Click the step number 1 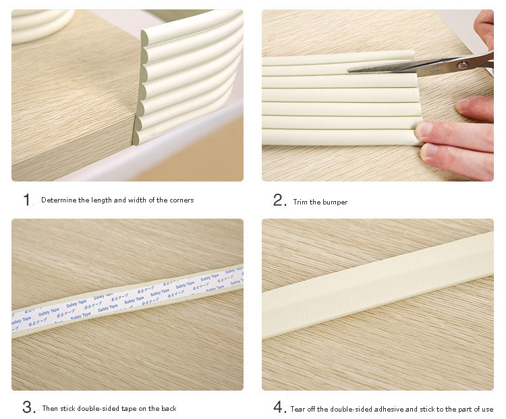tap(27, 200)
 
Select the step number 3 tap(28, 408)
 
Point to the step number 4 tap(279, 408)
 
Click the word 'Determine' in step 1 tap(57, 200)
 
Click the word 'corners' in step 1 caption tap(181, 200)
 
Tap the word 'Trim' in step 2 tap(300, 202)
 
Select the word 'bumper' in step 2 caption tap(335, 202)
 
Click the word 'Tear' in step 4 tap(298, 409)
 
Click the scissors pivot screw tap(463, 65)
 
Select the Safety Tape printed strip tap(128, 297)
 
